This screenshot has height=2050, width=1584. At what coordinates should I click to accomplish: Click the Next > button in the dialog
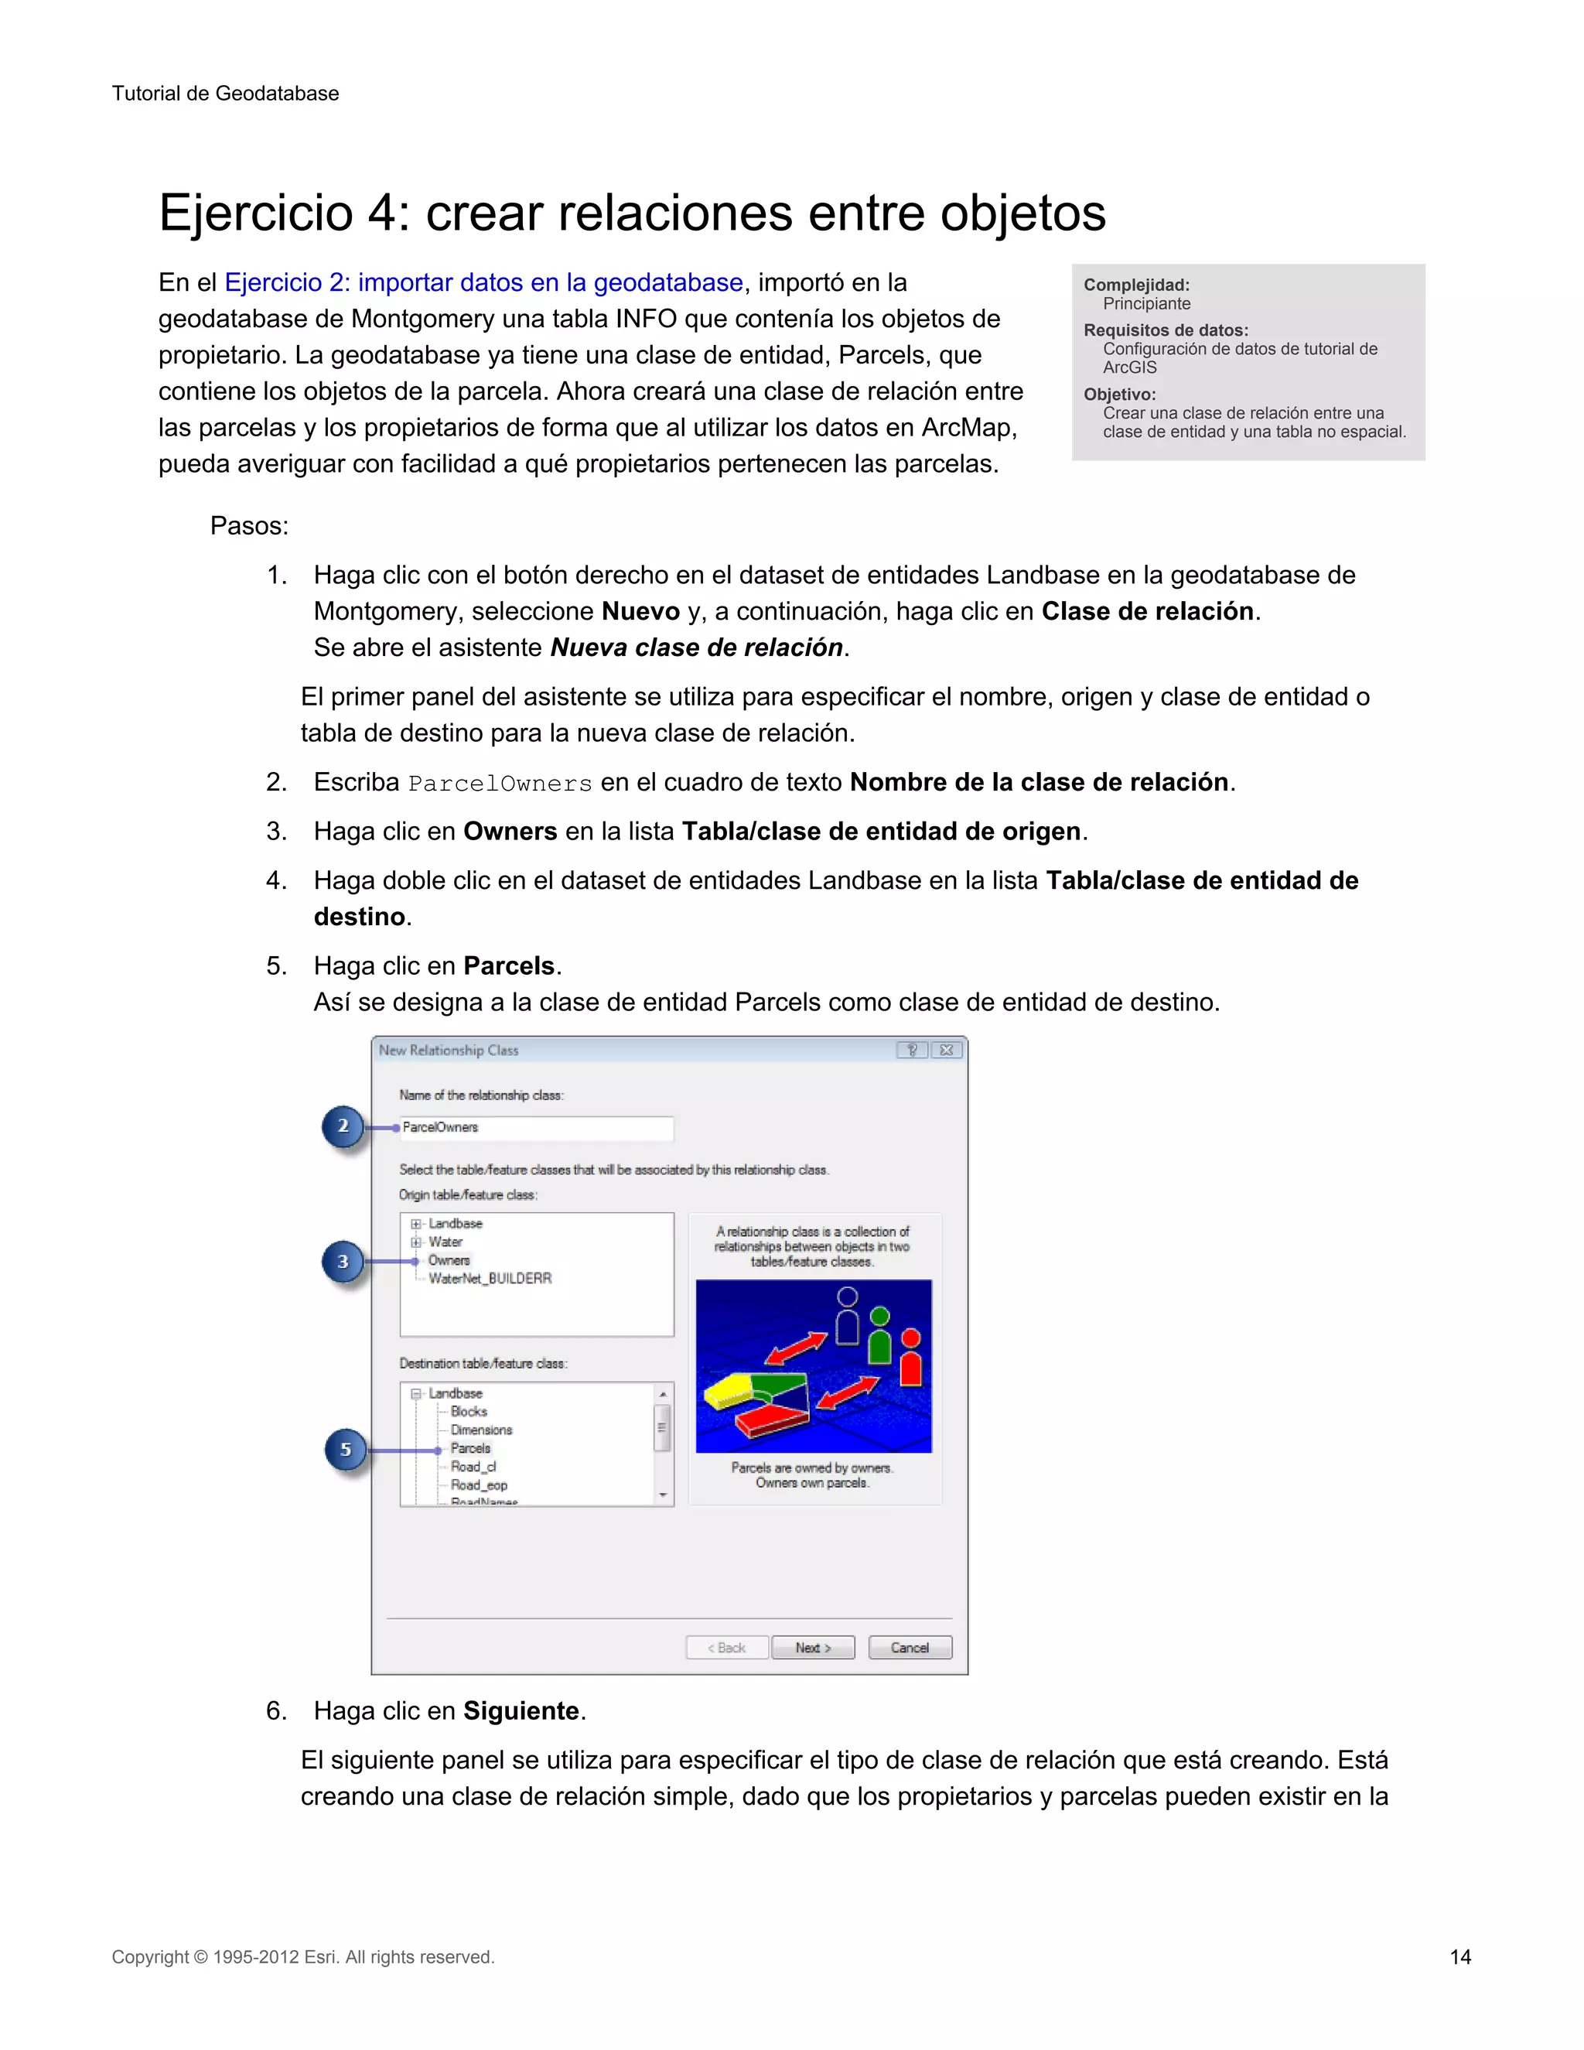[813, 1647]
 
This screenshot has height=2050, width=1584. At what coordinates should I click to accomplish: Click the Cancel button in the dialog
[910, 1647]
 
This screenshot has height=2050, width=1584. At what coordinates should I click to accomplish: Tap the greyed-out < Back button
[726, 1647]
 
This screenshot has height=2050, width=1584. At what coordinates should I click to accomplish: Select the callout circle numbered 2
[343, 1126]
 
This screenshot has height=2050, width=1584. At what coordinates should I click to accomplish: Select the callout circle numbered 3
[343, 1262]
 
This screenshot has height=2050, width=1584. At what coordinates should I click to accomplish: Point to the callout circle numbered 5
[345, 1449]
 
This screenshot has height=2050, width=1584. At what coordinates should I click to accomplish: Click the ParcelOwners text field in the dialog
[535, 1127]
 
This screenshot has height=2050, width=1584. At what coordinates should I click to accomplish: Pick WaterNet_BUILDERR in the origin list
[490, 1279]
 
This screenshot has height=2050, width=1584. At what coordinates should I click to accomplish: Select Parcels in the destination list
[470, 1448]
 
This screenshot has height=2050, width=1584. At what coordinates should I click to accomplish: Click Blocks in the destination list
[468, 1412]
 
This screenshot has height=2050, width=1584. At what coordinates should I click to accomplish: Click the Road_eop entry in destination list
[479, 1485]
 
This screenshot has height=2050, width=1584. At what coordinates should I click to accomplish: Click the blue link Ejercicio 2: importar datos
[483, 282]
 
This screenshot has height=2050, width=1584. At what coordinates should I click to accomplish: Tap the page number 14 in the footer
[1460, 1957]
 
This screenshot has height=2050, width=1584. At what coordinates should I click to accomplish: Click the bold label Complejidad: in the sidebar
[1136, 285]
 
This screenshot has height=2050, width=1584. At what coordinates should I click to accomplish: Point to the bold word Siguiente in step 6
[521, 1711]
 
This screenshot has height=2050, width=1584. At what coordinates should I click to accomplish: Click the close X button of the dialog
[947, 1051]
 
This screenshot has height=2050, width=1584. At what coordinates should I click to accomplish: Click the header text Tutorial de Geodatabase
[225, 93]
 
